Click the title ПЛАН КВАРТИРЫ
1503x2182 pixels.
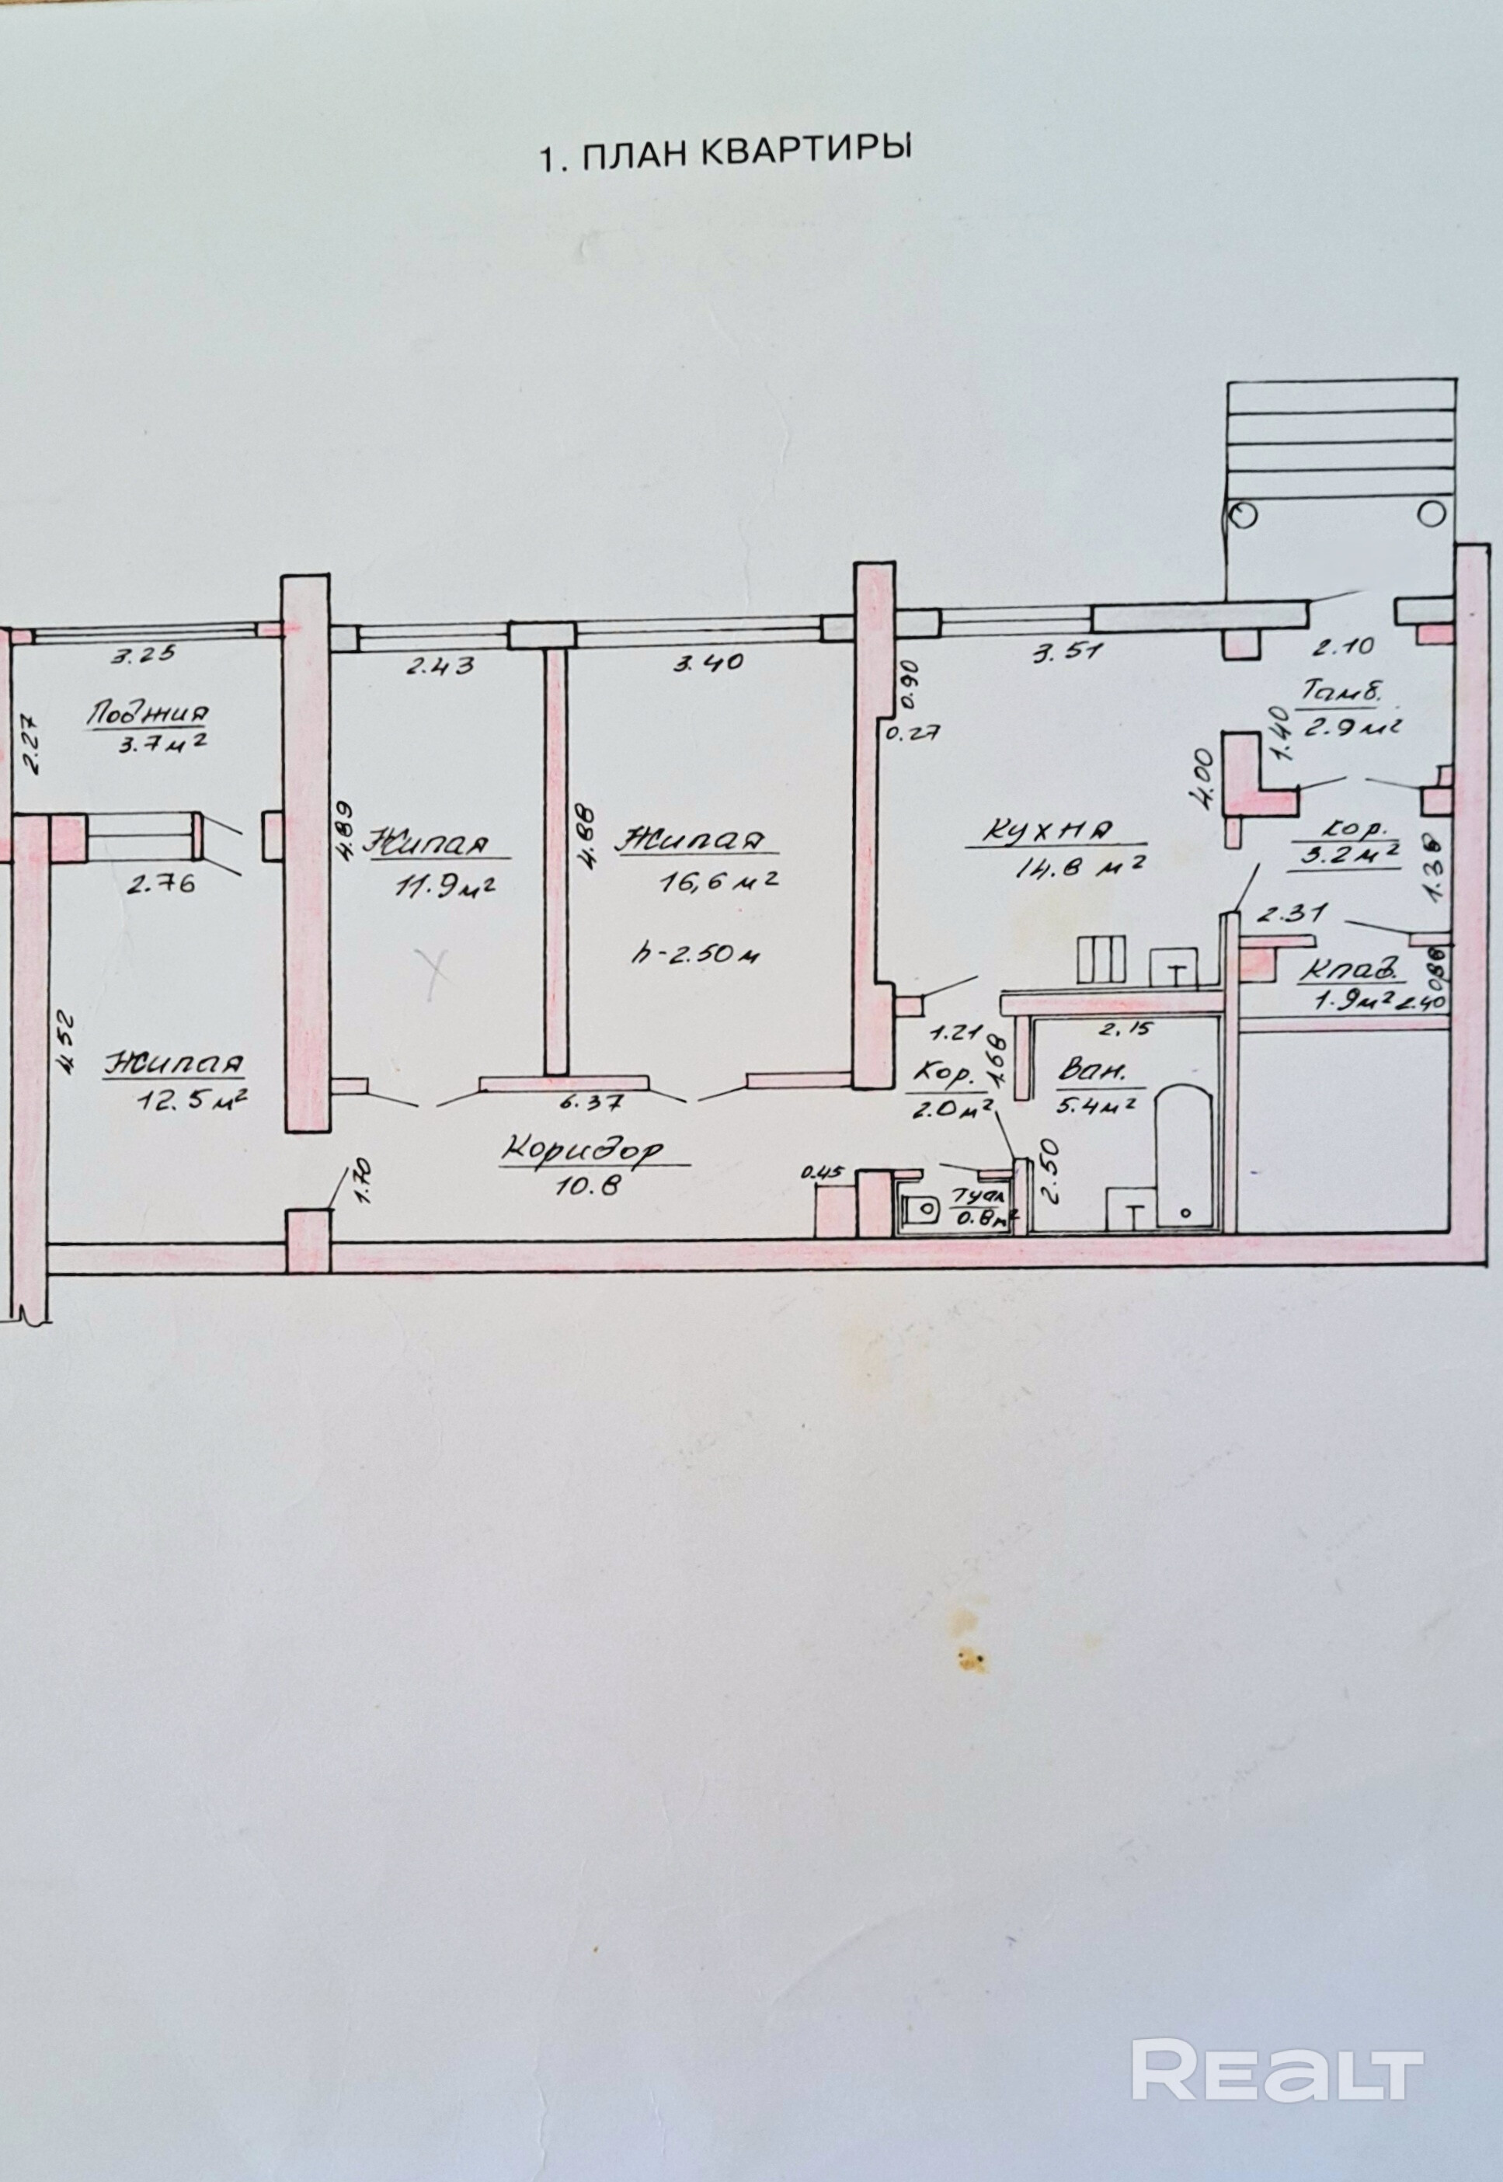[x=725, y=154]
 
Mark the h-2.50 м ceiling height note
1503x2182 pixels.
[x=697, y=954]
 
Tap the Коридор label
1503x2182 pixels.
[x=582, y=1149]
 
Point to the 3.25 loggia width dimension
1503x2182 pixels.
[x=142, y=656]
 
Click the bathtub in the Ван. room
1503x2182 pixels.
[x=1185, y=1158]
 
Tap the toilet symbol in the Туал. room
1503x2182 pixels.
[x=918, y=1208]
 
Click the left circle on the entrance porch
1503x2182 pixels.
[x=1243, y=514]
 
